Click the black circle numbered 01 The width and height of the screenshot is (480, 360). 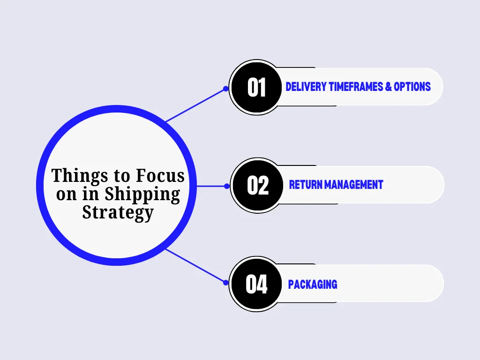256,88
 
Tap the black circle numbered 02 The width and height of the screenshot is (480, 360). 258,186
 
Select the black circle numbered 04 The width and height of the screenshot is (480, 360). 256,284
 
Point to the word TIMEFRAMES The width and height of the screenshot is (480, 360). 356,87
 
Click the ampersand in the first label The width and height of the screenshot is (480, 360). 389,87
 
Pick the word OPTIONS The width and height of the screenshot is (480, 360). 412,87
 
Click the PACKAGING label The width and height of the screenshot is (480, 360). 313,285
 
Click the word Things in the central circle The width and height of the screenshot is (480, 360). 80,176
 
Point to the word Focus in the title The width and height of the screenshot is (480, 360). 160,175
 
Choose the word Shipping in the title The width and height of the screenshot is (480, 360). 142,195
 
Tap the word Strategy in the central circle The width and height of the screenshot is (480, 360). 118,213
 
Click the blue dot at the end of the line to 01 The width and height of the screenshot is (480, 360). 225,89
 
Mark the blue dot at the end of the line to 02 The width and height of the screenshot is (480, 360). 226,186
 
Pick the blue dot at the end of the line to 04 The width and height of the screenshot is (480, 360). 225,283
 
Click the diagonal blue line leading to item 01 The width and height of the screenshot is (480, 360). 195,105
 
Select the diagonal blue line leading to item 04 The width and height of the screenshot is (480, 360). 195,266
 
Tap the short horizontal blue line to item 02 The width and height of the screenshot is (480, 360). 211,186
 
